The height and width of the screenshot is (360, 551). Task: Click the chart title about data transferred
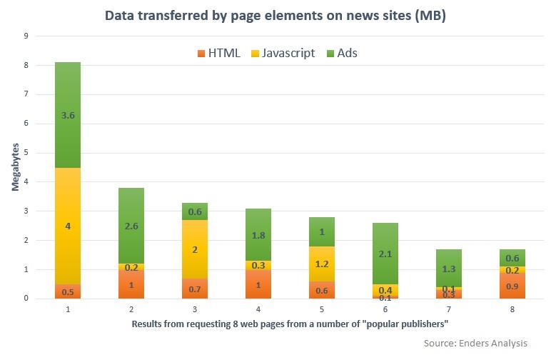(x=275, y=16)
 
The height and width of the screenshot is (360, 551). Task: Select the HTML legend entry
(x=218, y=53)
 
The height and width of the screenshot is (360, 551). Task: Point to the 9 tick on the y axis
(x=26, y=36)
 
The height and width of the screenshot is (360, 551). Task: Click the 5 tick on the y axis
(x=26, y=153)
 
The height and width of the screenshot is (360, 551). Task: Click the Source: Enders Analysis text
(x=480, y=344)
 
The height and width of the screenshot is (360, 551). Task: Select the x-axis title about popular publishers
(x=289, y=324)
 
